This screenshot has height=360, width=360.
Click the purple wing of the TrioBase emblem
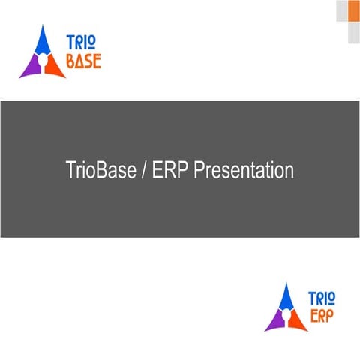[30, 67]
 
